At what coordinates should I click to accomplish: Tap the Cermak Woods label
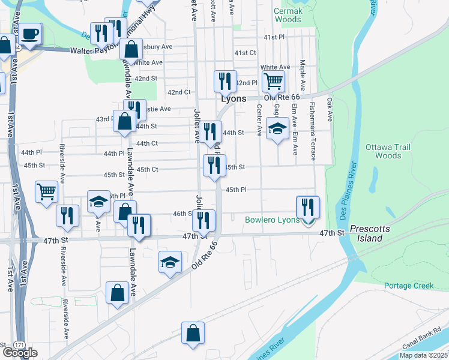click(288, 15)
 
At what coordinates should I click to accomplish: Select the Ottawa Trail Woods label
click(383, 151)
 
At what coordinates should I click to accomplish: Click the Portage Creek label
click(408, 286)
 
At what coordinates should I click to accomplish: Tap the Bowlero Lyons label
click(272, 220)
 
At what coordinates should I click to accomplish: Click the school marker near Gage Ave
click(277, 128)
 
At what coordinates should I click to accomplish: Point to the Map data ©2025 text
click(423, 355)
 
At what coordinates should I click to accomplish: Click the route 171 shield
click(19, 344)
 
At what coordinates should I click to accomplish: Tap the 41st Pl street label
click(274, 37)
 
